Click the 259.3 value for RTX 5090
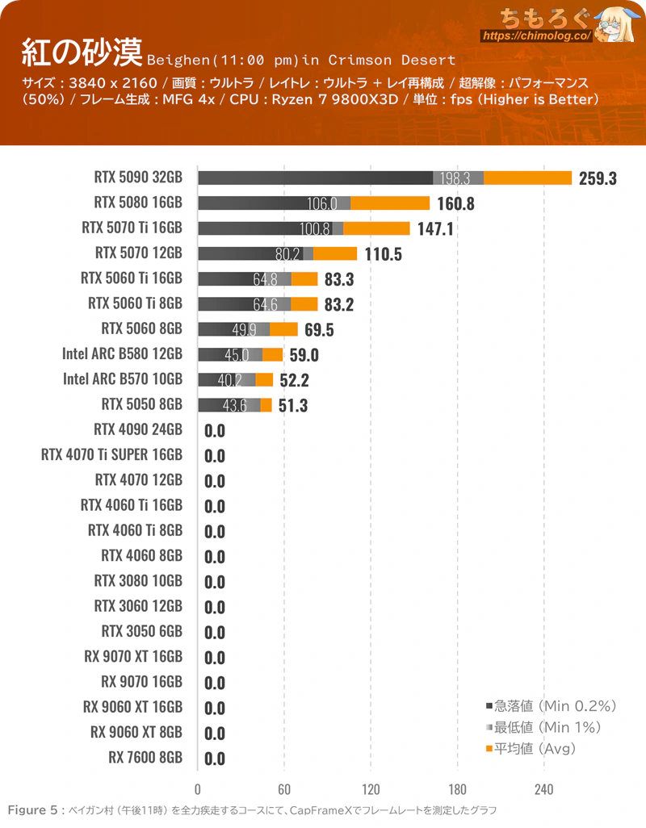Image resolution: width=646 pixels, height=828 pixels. [598, 178]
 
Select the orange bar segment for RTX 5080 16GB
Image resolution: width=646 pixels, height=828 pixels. [390, 203]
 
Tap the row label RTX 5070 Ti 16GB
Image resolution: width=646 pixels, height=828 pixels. [132, 228]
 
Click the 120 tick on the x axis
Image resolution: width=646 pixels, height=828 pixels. [371, 788]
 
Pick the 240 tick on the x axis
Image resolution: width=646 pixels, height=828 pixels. [543, 788]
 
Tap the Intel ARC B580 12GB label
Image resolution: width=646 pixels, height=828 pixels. [122, 353]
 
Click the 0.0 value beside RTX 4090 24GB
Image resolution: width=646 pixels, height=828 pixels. [215, 430]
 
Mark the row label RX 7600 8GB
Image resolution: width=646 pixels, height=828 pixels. [145, 758]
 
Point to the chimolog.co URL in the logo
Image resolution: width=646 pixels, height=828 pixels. [536, 36]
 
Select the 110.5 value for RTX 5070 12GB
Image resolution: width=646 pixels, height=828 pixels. [383, 254]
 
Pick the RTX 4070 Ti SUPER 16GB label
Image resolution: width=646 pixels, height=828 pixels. [111, 455]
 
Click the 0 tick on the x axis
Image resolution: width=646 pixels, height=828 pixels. [198, 788]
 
